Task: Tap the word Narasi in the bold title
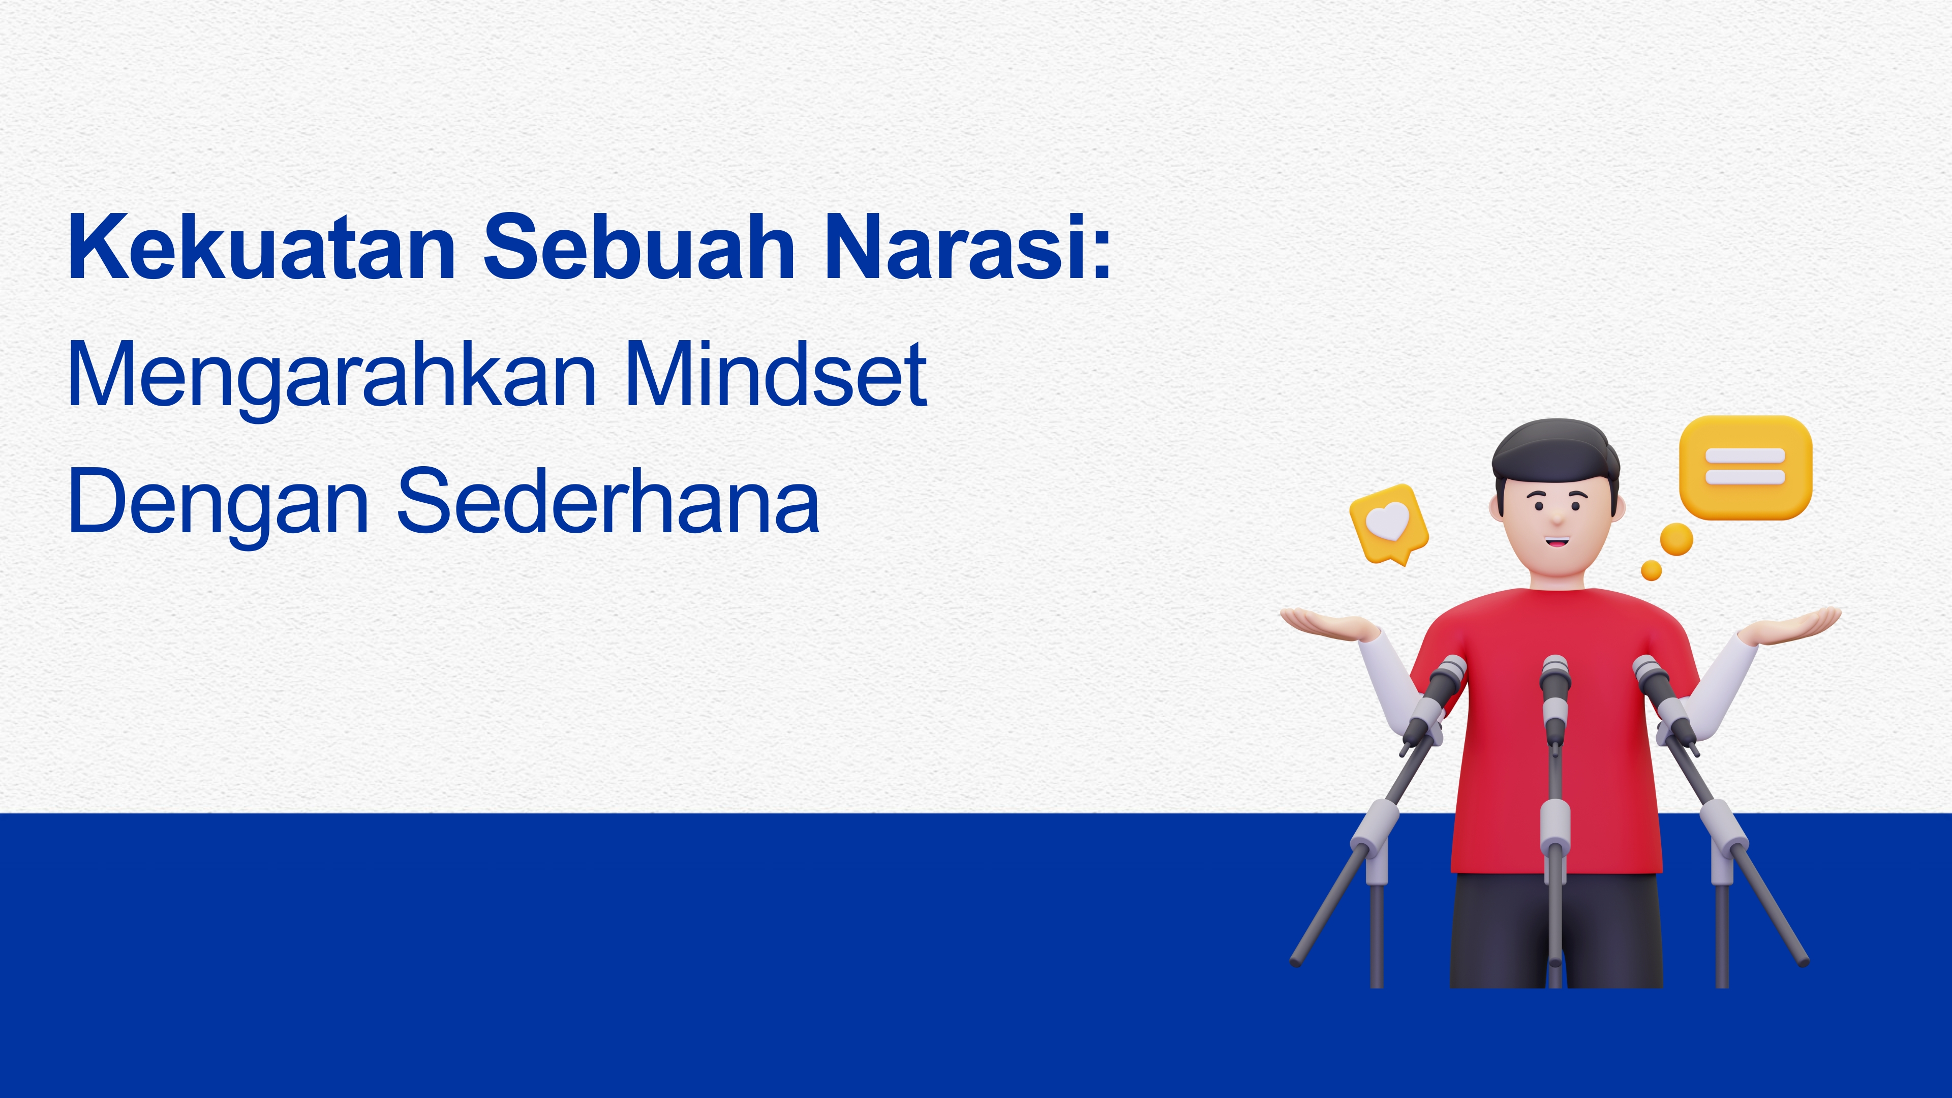pyautogui.click(x=955, y=247)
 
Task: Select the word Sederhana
pyautogui.click(x=608, y=500)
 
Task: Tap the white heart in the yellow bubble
pyautogui.click(x=1387, y=522)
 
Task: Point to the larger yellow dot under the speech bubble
pyautogui.click(x=1676, y=539)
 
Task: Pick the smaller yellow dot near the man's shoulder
pyautogui.click(x=1651, y=570)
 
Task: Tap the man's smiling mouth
pyautogui.click(x=1557, y=542)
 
